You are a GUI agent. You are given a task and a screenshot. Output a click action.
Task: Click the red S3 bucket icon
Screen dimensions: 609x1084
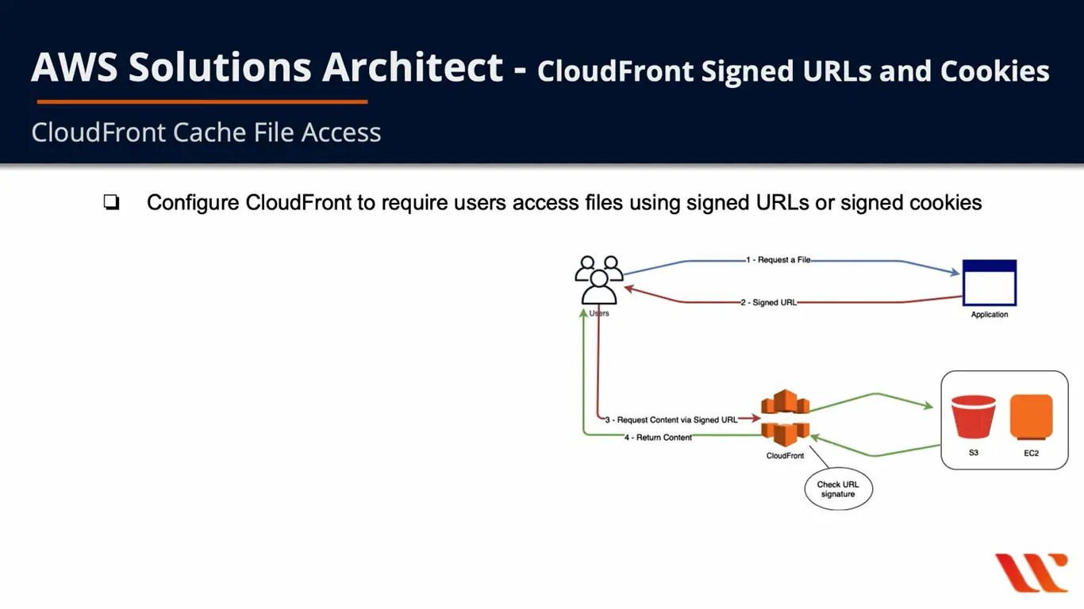[973, 417]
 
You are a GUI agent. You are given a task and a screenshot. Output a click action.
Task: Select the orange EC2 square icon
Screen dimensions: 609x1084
[1031, 417]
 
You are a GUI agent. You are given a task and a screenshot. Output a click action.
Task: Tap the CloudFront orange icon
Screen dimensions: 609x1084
[785, 418]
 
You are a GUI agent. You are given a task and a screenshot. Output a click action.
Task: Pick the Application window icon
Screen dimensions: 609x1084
[989, 282]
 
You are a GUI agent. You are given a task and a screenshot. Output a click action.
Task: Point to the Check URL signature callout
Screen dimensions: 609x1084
[838, 490]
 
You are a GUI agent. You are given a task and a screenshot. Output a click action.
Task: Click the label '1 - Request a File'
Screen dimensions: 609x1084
[778, 260]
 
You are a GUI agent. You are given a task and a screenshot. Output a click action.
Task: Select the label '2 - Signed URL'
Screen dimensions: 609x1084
[768, 302]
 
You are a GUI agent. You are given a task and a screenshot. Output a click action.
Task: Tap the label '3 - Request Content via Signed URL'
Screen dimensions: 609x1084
[671, 419]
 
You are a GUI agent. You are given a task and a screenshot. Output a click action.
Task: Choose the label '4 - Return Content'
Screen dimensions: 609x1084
[658, 438]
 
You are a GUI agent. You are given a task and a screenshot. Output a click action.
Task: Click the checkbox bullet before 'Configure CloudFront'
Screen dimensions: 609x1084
[111, 203]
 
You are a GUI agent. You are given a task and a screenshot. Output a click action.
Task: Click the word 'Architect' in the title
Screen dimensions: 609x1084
[412, 67]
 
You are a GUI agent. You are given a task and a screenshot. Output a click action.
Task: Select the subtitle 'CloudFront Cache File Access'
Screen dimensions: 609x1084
[206, 132]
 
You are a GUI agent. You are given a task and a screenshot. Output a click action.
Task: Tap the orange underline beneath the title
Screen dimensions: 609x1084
[202, 101]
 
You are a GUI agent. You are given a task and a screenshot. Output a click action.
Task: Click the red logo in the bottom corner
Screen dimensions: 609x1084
[1032, 572]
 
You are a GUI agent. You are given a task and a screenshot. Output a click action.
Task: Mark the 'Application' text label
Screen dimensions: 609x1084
[989, 315]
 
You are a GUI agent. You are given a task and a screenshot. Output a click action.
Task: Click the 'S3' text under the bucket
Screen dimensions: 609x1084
[973, 454]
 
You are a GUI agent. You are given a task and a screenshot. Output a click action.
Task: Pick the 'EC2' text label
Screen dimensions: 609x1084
[1031, 454]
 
